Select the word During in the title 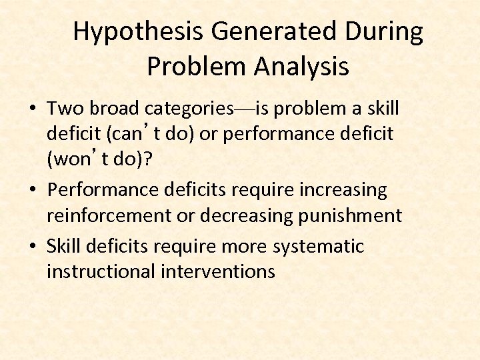pyautogui.click(x=390, y=32)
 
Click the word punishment pyautogui.click(x=357, y=216)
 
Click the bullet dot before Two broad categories pyautogui.click(x=32, y=109)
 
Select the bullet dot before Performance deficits pyautogui.click(x=32, y=191)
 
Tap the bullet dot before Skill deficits pyautogui.click(x=32, y=247)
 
